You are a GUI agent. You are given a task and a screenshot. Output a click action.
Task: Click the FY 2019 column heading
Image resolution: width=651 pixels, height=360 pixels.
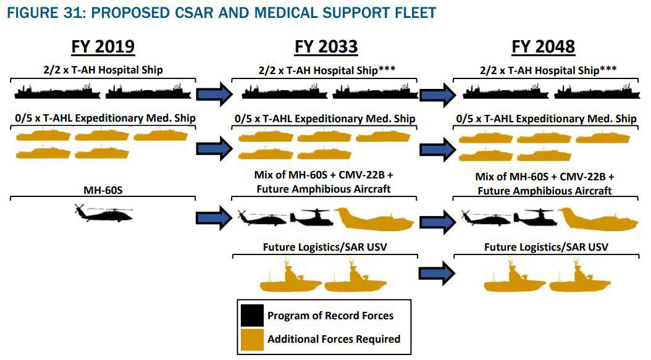[x=103, y=46]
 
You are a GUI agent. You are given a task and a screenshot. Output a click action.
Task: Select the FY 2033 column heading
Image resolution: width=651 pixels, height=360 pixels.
[x=326, y=46]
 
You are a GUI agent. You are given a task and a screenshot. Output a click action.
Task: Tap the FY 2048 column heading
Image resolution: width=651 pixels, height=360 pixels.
[x=543, y=46]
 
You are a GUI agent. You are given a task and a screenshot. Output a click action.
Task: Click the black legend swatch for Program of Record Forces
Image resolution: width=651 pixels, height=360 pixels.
[x=252, y=316]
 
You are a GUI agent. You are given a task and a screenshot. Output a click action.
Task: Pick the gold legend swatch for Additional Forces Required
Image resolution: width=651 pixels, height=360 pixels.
[x=252, y=340]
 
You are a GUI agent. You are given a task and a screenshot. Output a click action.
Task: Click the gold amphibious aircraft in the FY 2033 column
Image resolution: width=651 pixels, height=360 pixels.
[x=374, y=219]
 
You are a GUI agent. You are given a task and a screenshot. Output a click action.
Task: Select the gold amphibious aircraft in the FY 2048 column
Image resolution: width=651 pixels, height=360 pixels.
[x=598, y=219]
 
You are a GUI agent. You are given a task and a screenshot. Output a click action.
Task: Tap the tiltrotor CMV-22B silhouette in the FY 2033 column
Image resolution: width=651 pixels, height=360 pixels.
[x=311, y=217]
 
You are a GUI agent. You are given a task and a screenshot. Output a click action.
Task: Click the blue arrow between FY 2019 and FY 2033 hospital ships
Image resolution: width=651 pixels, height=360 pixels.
[x=214, y=94]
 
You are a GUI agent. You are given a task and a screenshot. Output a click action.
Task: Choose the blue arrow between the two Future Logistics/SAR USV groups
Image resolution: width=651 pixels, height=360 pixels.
[x=437, y=273]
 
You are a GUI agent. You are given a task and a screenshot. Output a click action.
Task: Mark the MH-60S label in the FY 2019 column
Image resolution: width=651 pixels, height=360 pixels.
[x=103, y=190]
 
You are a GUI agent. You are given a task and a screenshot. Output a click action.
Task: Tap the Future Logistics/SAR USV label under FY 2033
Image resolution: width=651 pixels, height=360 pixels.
[x=325, y=247]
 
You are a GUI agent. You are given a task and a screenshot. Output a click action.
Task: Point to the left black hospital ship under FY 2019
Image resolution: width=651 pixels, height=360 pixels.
[x=57, y=92]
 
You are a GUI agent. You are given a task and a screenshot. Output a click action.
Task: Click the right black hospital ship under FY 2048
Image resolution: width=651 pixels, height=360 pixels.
[x=597, y=92]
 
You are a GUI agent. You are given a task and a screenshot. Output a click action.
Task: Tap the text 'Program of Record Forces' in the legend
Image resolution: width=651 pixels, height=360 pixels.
[x=330, y=316]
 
